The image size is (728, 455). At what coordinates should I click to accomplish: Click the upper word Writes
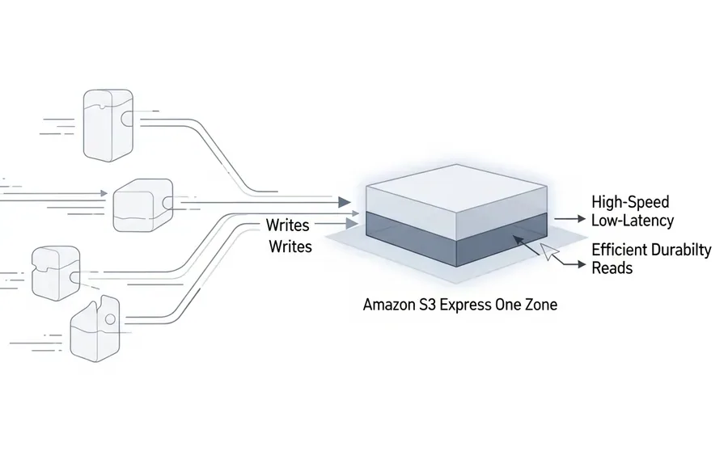pyautogui.click(x=287, y=225)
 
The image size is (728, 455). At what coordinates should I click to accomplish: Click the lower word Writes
pyautogui.click(x=290, y=246)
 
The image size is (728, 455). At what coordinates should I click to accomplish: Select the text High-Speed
pyautogui.click(x=630, y=202)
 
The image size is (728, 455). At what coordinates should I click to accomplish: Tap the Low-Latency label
pyautogui.click(x=633, y=221)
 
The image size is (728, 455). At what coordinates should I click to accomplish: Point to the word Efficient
pyautogui.click(x=619, y=250)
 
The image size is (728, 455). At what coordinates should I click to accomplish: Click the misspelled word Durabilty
pyautogui.click(x=680, y=250)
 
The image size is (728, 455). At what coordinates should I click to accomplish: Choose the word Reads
pyautogui.click(x=612, y=268)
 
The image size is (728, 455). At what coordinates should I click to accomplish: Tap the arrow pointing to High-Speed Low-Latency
pyautogui.click(x=570, y=218)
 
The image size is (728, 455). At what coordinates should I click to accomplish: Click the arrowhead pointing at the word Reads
pyautogui.click(x=582, y=264)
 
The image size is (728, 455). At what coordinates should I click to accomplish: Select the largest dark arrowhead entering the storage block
pyautogui.click(x=344, y=202)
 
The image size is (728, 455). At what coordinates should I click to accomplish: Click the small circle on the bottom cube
pyautogui.click(x=110, y=319)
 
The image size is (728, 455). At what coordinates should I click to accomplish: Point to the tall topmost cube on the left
pyautogui.click(x=108, y=125)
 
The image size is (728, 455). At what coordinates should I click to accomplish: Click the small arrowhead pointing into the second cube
pyautogui.click(x=104, y=193)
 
